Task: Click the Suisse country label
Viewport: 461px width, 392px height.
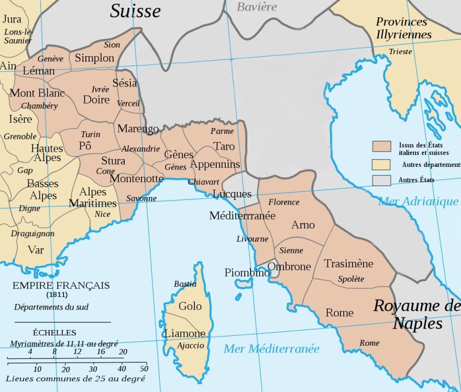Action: pos(135,10)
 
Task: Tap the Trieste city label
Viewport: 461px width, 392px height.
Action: pos(401,51)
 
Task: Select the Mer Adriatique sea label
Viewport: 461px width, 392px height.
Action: pos(418,200)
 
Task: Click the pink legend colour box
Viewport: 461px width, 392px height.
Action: pos(382,146)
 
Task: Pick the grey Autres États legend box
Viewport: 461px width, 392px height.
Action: pos(382,181)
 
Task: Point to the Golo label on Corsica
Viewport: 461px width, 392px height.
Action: pos(190,306)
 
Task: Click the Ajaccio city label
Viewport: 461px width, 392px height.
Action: pos(190,345)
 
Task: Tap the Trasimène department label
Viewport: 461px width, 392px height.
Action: pos(348,263)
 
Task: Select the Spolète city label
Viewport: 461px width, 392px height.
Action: pos(351,279)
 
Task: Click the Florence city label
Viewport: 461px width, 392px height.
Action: pos(283,202)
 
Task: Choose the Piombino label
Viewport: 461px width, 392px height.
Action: pos(247,272)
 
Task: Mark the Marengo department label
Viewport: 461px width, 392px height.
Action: pos(138,129)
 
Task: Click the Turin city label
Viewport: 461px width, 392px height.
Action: pos(91,134)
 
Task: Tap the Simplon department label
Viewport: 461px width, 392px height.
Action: pos(94,58)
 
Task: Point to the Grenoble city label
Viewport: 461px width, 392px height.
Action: pos(20,136)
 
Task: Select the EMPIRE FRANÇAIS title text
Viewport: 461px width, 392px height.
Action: pos(61,285)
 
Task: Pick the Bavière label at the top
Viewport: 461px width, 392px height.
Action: pos(257,7)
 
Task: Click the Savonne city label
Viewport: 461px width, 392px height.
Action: pos(141,198)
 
